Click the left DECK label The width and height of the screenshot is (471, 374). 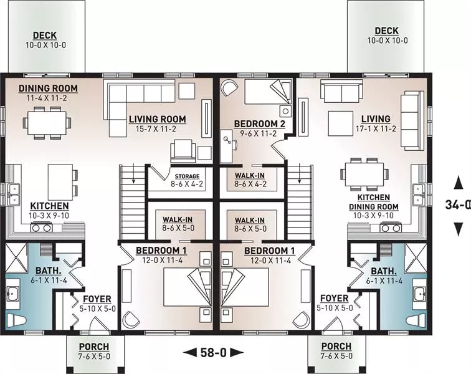(45, 35)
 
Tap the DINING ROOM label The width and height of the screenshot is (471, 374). (48, 89)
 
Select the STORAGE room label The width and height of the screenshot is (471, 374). (187, 176)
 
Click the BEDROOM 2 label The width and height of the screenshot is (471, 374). (260, 123)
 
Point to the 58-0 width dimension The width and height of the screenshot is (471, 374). (213, 352)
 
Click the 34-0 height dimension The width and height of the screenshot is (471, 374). (458, 204)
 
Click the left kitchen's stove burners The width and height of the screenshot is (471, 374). (42, 228)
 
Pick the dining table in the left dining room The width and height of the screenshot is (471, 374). (47, 123)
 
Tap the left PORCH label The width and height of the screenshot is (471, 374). (94, 347)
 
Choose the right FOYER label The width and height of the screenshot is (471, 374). (335, 298)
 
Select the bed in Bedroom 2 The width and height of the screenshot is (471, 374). (268, 92)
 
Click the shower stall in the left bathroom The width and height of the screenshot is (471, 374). (17, 258)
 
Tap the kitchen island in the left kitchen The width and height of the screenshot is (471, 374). (60, 182)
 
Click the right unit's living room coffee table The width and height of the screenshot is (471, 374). (341, 123)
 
